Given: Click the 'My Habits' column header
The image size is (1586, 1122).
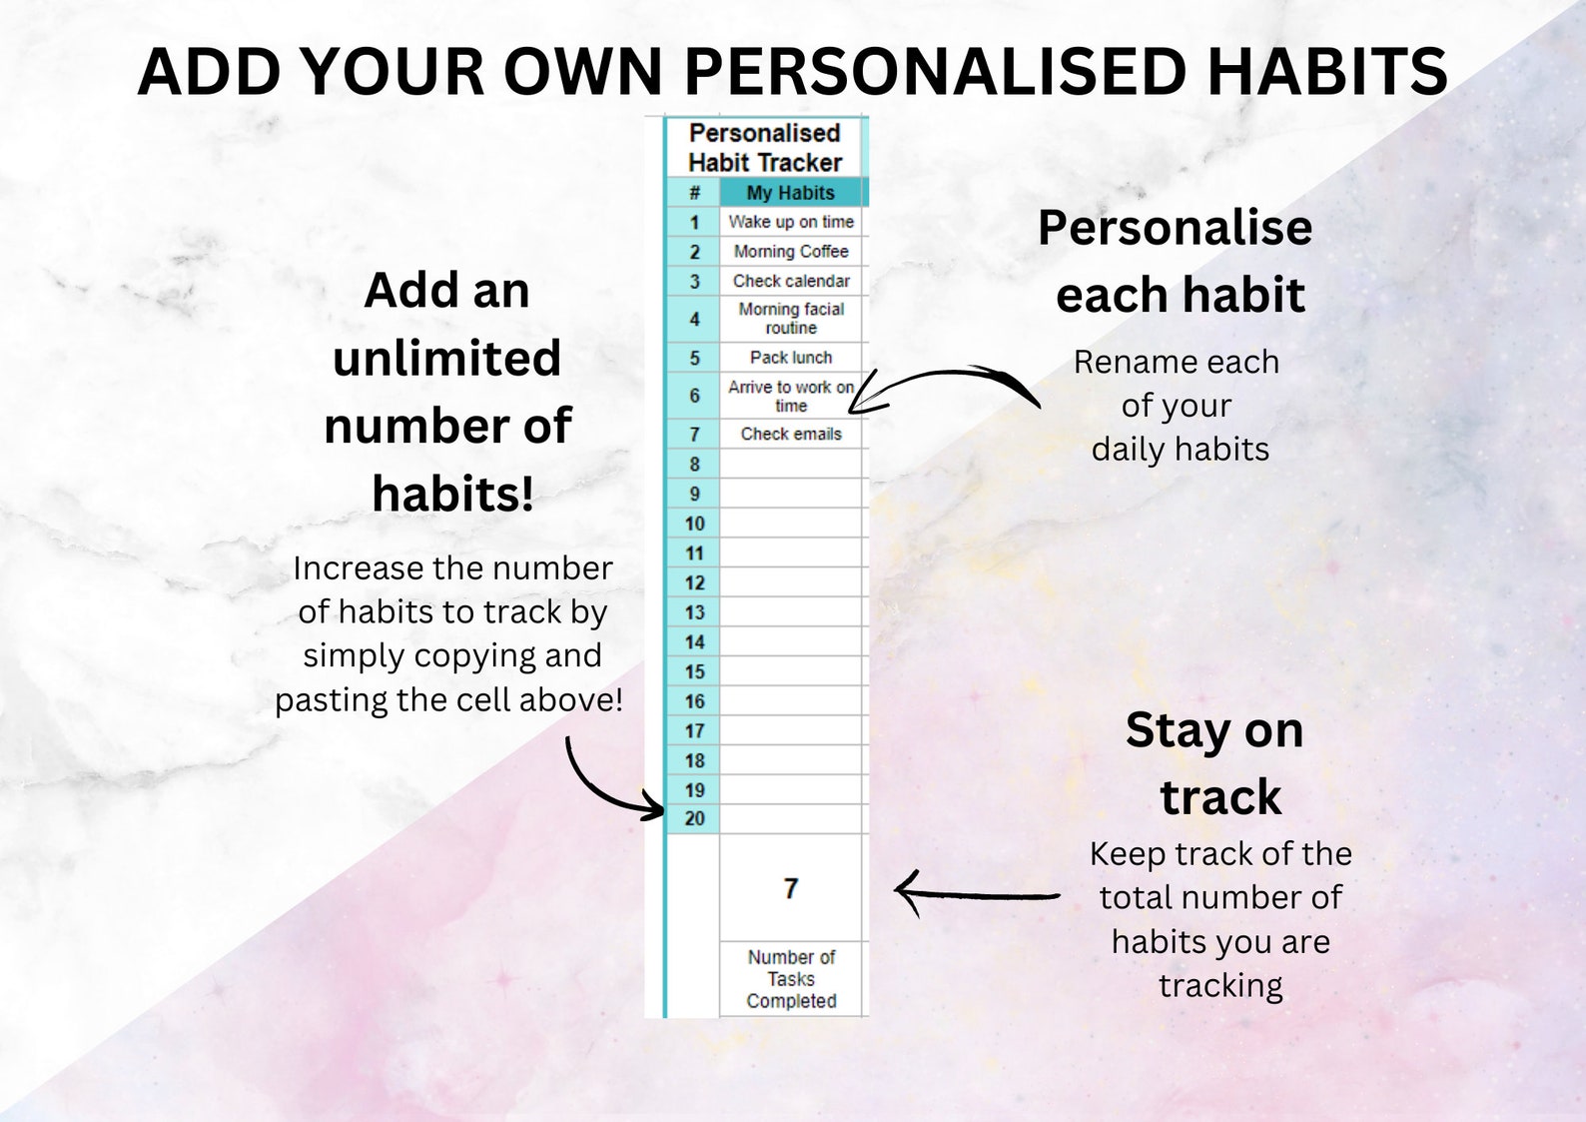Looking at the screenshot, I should coord(791,193).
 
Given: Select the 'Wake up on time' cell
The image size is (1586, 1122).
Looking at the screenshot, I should coord(791,222).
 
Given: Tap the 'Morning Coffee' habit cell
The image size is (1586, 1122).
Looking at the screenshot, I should coord(791,252).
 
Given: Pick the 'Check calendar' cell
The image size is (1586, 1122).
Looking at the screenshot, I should coord(791,281).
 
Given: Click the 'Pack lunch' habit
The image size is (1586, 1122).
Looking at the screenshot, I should coord(791,358).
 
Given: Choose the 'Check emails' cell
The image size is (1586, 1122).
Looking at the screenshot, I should coord(791,434).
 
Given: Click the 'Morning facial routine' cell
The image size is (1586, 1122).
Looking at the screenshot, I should coord(791,319).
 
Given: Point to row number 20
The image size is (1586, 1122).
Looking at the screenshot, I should coord(694,818).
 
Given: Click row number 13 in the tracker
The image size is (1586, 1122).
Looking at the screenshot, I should coord(694,612).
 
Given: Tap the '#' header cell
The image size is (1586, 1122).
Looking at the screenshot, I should coord(694,193).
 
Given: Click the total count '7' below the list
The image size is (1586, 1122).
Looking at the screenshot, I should coord(791,888).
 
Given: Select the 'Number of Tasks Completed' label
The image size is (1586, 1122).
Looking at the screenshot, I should coord(791,979).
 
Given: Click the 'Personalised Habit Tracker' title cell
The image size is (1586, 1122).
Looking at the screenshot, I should coord(765,148).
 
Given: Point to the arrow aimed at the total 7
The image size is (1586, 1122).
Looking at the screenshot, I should coord(974,894).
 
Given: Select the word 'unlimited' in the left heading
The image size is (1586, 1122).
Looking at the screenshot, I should coord(446,358).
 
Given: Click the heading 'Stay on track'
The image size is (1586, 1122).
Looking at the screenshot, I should coord(1216,763).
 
